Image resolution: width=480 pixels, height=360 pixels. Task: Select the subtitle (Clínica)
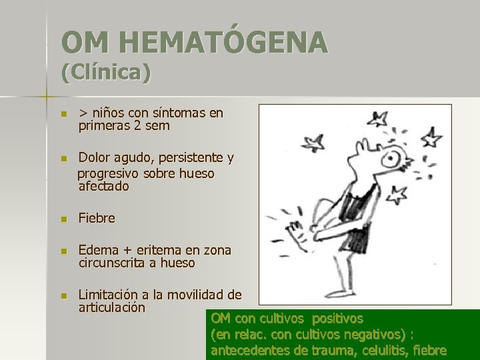click(106, 72)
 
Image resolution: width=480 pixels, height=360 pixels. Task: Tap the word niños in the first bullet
click(109, 113)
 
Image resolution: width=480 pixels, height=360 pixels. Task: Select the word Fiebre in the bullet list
click(97, 218)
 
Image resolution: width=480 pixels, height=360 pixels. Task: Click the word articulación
click(111, 307)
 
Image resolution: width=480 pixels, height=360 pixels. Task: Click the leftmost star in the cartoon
click(313, 142)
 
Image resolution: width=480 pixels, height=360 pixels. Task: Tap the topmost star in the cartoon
click(379, 120)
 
